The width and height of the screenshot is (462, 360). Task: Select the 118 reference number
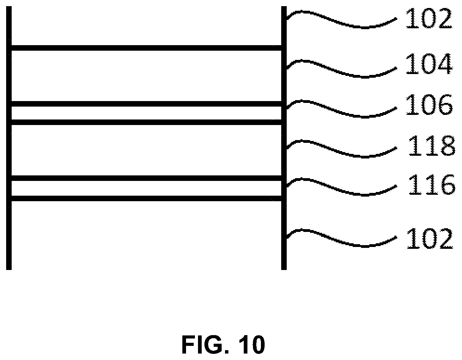pos(431,146)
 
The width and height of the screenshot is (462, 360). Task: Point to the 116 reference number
pos(431,184)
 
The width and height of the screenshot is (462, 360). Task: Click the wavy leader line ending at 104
pos(341,69)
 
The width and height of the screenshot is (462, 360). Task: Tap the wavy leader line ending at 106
pos(341,109)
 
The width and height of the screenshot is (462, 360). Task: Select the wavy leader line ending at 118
pos(341,149)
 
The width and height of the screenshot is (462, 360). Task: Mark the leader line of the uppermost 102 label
pos(341,20)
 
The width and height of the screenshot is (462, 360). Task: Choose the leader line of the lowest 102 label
pos(341,238)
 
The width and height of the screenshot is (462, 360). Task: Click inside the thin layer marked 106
pos(146,113)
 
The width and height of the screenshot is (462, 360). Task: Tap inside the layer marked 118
pos(146,150)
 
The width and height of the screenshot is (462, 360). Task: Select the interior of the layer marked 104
pos(146,76)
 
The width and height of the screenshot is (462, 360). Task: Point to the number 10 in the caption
pos(250,345)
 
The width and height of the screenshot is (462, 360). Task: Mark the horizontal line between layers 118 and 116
pos(146,178)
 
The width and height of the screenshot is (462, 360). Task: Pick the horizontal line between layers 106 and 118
pos(146,122)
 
